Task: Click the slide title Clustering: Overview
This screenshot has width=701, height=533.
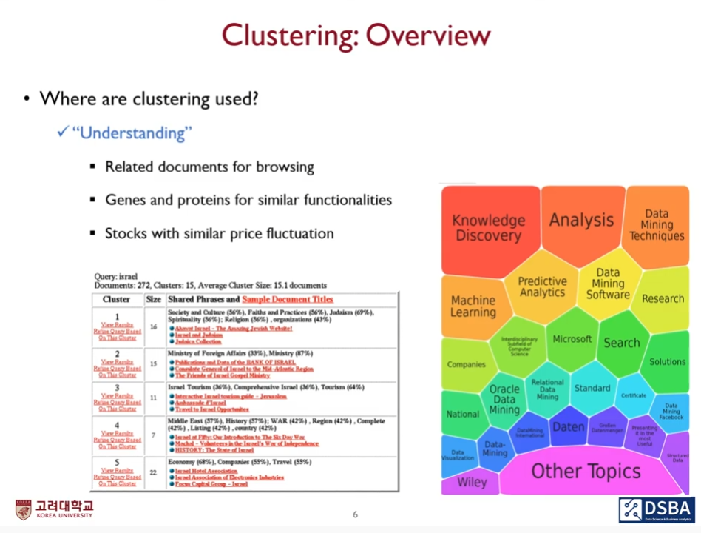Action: pyautogui.click(x=356, y=35)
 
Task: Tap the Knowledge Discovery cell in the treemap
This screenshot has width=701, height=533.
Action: pyautogui.click(x=488, y=228)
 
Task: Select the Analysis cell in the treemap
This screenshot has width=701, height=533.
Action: pyautogui.click(x=581, y=220)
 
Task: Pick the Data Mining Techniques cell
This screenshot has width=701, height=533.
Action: pyautogui.click(x=657, y=225)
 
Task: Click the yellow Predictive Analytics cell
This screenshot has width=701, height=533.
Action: pyautogui.click(x=542, y=286)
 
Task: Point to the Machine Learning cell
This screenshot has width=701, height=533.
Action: pyautogui.click(x=473, y=306)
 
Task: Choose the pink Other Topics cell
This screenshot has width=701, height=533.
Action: pyautogui.click(x=586, y=471)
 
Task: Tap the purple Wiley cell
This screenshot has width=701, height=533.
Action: pyautogui.click(x=472, y=483)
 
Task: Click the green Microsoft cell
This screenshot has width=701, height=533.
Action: pyautogui.click(x=572, y=339)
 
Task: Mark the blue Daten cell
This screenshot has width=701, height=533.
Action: pyautogui.click(x=568, y=426)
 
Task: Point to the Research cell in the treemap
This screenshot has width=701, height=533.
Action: pyautogui.click(x=663, y=298)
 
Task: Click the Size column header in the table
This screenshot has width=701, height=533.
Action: pyautogui.click(x=153, y=300)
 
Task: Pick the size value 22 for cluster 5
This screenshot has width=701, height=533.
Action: pyautogui.click(x=153, y=472)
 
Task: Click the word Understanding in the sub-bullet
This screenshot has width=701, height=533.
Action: pyautogui.click(x=132, y=133)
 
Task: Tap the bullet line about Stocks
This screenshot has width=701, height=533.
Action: pyautogui.click(x=219, y=234)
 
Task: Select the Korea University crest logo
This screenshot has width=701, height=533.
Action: pyautogui.click(x=24, y=510)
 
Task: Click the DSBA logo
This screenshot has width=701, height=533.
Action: pyautogui.click(x=656, y=509)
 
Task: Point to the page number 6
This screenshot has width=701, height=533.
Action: pyautogui.click(x=355, y=514)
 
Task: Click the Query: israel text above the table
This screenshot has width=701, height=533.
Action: pyautogui.click(x=116, y=276)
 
